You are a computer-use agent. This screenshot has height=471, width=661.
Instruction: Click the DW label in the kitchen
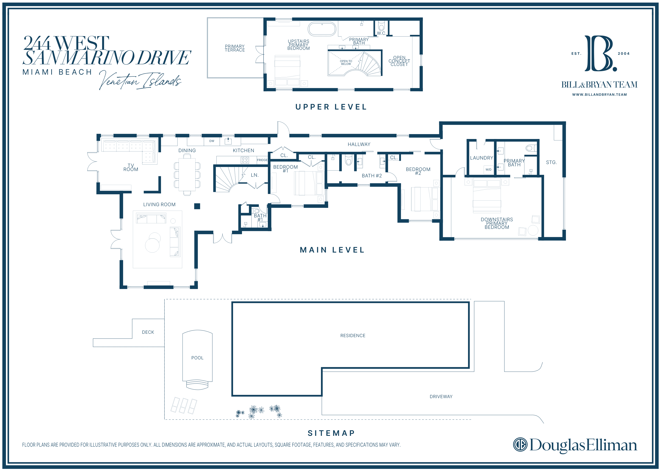(212, 141)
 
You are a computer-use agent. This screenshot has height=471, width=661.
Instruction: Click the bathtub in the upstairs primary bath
(322, 29)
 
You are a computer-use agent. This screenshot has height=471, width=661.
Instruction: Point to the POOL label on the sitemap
(197, 358)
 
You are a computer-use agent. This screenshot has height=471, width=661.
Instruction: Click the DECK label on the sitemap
(148, 332)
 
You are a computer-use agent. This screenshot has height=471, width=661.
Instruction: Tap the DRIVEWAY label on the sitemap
(441, 396)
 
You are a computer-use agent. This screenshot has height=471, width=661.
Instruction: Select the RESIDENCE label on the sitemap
(353, 336)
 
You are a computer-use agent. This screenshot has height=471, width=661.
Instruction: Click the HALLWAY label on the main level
(359, 144)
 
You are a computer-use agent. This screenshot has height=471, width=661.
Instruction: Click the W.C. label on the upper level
(381, 33)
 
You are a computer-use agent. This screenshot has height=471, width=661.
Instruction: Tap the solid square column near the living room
(197, 206)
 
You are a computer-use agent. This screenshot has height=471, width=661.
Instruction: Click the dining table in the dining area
(187, 175)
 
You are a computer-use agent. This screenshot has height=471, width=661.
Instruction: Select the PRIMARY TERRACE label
(235, 48)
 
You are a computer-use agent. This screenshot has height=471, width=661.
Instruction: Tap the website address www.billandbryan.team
(600, 94)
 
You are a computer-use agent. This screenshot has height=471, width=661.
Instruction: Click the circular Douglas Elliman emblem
(520, 445)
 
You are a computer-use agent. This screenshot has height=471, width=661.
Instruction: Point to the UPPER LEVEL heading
(331, 107)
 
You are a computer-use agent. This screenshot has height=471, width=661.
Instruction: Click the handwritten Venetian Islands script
(140, 80)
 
